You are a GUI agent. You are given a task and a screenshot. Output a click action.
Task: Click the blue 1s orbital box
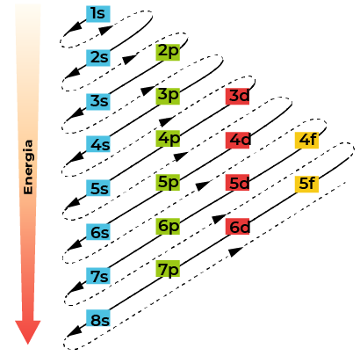tap(98, 14)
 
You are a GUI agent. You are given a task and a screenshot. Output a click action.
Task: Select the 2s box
tap(98, 58)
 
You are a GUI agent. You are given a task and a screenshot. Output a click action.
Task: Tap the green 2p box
tap(168, 52)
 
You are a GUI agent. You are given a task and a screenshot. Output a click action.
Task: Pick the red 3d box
tap(237, 96)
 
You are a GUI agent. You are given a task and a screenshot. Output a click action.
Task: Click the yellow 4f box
tap(306, 140)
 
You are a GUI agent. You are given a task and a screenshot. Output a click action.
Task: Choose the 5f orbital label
tap(306, 184)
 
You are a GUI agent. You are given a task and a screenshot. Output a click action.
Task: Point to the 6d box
tap(237, 227)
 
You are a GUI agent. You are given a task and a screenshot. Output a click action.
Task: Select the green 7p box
tap(168, 268)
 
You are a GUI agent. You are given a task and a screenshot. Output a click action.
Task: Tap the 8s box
tap(98, 318)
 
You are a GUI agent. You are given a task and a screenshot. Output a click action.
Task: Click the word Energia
tap(28, 167)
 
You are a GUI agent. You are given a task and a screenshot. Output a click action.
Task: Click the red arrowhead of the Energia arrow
tap(28, 332)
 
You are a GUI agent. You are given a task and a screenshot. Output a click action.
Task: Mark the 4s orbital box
tap(98, 144)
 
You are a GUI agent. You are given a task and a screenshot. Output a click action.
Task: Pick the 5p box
tap(168, 182)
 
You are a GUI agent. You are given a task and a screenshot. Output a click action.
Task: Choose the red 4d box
tap(237, 140)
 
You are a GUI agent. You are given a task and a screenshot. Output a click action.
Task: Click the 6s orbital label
tap(98, 232)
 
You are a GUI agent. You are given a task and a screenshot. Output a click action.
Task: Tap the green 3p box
tap(168, 96)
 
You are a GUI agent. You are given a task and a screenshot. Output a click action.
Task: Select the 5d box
tap(237, 182)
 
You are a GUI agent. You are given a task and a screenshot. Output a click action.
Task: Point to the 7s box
tap(98, 276)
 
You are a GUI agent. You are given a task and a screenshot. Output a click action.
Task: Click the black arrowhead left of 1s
tap(74, 27)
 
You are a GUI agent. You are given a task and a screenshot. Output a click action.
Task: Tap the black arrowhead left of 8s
tap(75, 331)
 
